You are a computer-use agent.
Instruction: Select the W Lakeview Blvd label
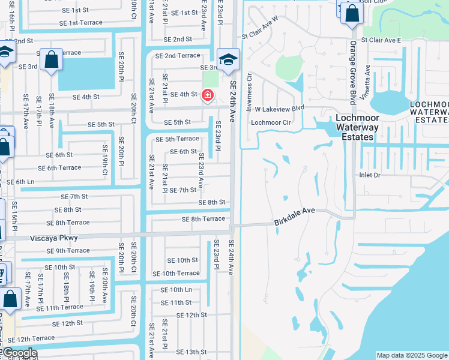[279, 109]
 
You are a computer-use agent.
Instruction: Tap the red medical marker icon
[208, 95]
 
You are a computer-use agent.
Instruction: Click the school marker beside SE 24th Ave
[228, 60]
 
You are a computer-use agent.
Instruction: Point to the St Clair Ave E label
[384, 40]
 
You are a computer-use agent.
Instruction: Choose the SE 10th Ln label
[176, 290]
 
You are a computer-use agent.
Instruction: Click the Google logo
[19, 353]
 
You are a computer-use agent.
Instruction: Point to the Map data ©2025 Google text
[411, 355]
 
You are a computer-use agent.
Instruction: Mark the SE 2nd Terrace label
[177, 55]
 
